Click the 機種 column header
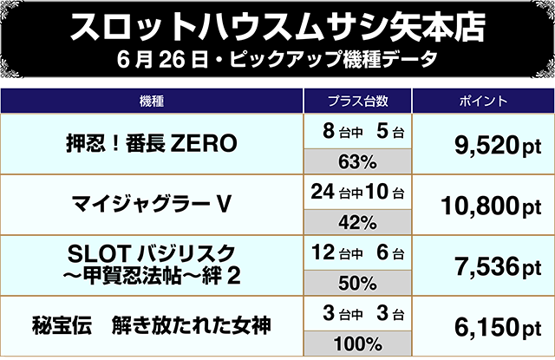151,100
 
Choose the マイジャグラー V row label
151,205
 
